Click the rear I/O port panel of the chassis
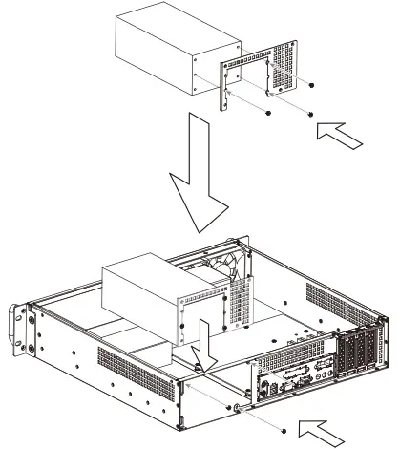pyautogui.click(x=286, y=383)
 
